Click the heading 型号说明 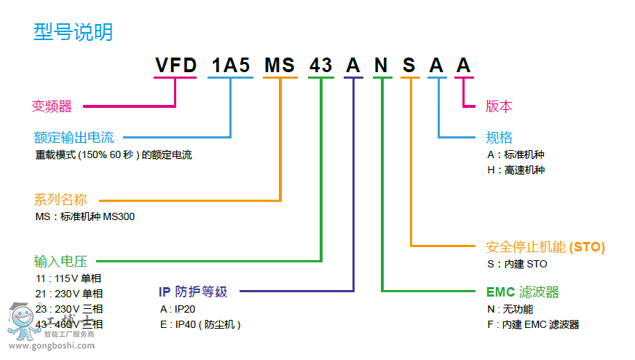pyautogui.click(x=74, y=32)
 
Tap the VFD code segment pyautogui.click(x=175, y=66)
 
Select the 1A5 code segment pyautogui.click(x=231, y=66)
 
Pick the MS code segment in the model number pyautogui.click(x=280, y=66)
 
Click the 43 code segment pyautogui.click(x=321, y=66)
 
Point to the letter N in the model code pyautogui.click(x=382, y=66)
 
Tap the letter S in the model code pyautogui.click(x=409, y=66)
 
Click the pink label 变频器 pyautogui.click(x=52, y=106)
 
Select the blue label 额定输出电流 pyautogui.click(x=74, y=137)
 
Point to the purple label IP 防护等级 pyautogui.click(x=193, y=291)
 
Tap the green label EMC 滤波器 pyautogui.click(x=522, y=292)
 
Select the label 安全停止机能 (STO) pyautogui.click(x=545, y=246)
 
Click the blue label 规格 pyautogui.click(x=500, y=137)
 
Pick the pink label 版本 pyautogui.click(x=499, y=106)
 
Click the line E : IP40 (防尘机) pyautogui.click(x=200, y=324)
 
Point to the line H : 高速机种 pyautogui.click(x=515, y=170)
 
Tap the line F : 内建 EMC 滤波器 pyautogui.click(x=532, y=324)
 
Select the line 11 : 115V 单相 pyautogui.click(x=68, y=278)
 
